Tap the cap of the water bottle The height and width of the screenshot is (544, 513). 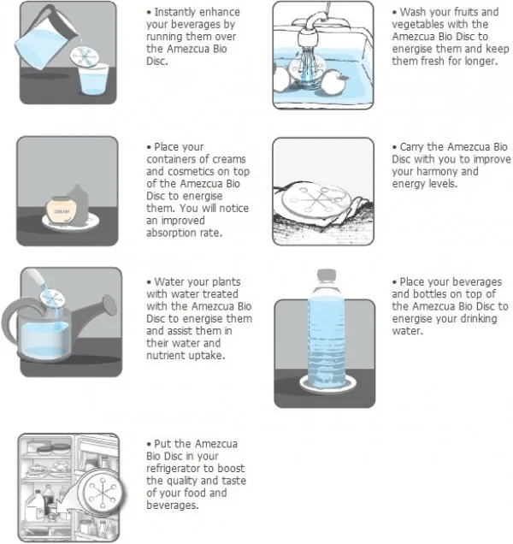(327, 274)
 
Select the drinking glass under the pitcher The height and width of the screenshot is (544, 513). (93, 80)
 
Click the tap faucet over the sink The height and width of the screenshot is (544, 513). (310, 32)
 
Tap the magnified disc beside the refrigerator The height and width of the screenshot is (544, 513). (102, 491)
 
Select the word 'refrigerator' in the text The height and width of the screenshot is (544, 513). (176, 469)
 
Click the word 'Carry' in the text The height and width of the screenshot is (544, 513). (412, 147)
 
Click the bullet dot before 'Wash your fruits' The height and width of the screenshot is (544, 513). (394, 13)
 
